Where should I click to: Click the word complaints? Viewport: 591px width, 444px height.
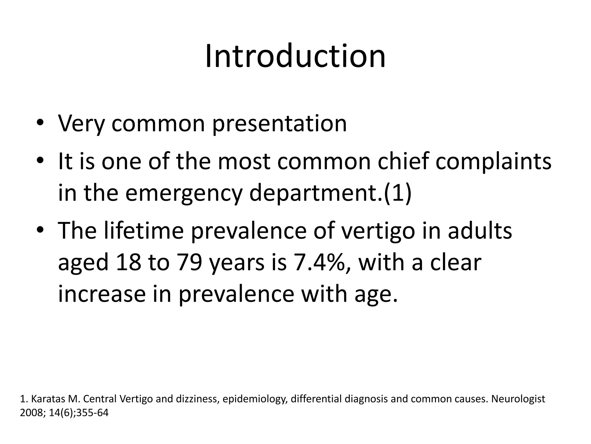493,162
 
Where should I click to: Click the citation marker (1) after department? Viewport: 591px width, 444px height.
397,193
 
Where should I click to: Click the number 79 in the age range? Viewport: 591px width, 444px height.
189,262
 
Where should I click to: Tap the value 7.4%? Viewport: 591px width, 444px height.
317,262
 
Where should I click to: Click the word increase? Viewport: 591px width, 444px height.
102,294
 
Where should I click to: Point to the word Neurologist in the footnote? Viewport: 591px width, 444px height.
518,399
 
